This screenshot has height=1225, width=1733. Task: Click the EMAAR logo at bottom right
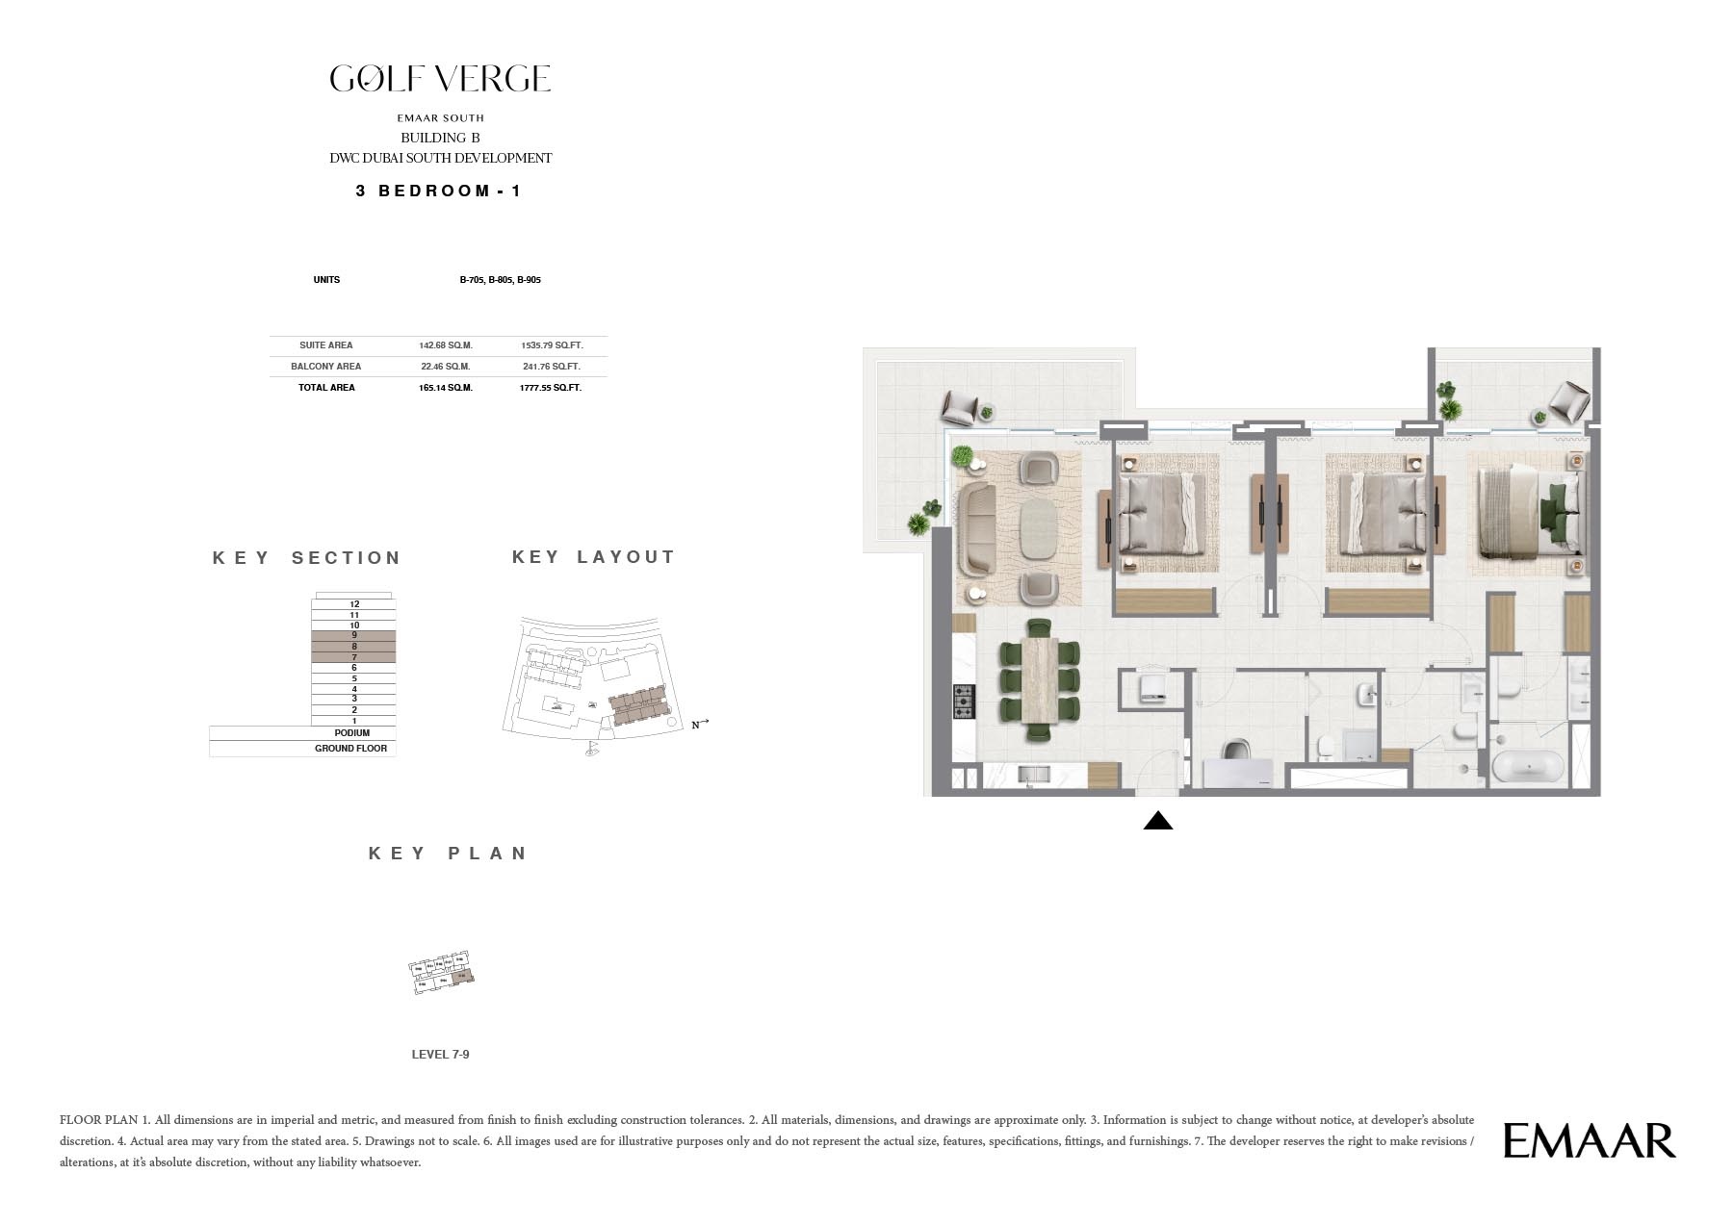1589,1140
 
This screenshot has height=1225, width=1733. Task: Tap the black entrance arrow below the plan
1157,821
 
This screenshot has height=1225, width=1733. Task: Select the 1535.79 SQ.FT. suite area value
552,345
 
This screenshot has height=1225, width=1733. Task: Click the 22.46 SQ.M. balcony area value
445,366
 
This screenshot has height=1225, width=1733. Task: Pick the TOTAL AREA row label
326,388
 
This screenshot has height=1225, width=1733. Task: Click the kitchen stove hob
964,701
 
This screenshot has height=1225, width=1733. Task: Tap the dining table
1040,679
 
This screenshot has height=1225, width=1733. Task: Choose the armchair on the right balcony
1569,400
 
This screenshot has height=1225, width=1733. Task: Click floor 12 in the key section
354,604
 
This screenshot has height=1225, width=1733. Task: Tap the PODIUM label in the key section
352,733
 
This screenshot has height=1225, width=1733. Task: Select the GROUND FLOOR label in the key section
350,749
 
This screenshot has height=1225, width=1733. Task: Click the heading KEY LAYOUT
593,557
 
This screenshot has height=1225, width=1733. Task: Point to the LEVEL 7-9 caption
440,1055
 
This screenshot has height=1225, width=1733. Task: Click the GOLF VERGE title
440,79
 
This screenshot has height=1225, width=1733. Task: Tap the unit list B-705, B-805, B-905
500,280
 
